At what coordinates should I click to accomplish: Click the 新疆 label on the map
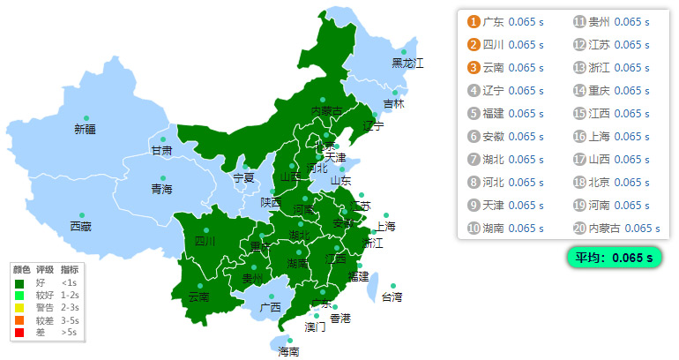[x=86, y=129]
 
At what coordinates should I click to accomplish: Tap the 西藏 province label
[x=80, y=227]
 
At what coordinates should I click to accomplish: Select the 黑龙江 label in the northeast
[x=407, y=63]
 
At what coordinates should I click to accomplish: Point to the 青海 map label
[x=161, y=189]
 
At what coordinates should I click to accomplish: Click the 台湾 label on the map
[x=392, y=296]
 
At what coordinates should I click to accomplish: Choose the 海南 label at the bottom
[x=288, y=351]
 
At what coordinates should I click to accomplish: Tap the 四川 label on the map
[x=205, y=240]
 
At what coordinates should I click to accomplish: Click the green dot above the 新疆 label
[x=86, y=117]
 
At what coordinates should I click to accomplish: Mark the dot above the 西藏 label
[x=81, y=215]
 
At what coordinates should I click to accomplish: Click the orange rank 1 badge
[x=474, y=22]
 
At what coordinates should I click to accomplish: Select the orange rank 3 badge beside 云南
[x=474, y=68]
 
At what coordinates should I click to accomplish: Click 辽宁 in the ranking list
[x=494, y=91]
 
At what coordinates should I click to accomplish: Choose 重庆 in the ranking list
[x=600, y=91]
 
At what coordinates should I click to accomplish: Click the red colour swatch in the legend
[x=19, y=333]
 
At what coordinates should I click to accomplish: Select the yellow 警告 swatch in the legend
[x=19, y=307]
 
